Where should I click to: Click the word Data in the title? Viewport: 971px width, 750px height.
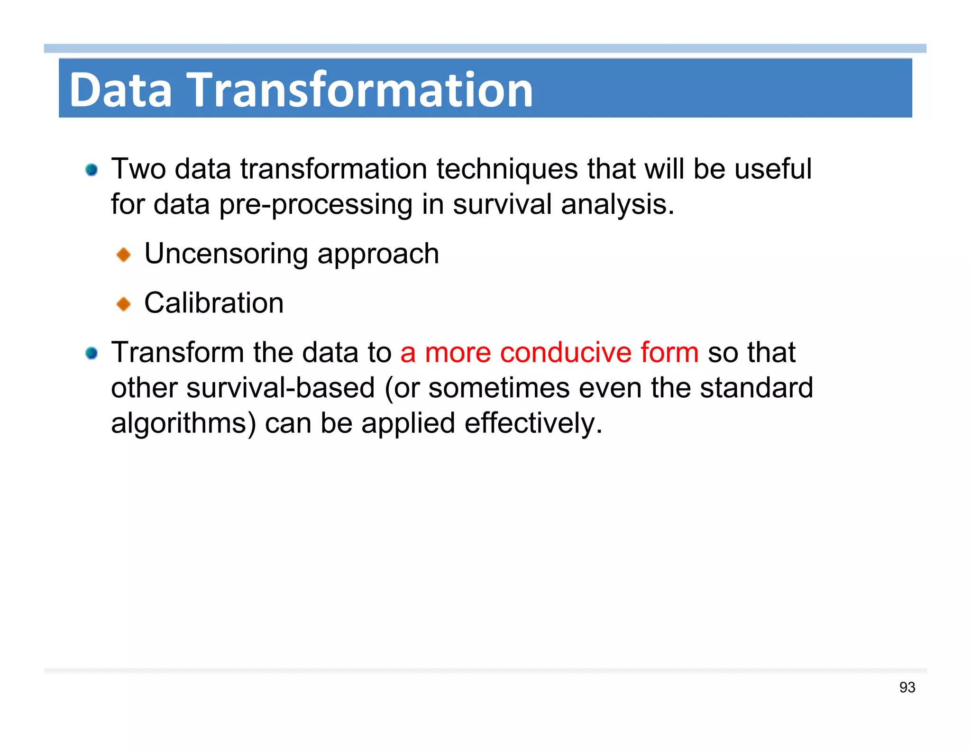[120, 90]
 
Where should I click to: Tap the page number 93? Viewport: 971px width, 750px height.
[907, 687]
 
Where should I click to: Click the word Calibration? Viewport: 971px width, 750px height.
[214, 303]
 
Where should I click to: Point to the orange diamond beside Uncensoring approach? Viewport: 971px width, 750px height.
[124, 255]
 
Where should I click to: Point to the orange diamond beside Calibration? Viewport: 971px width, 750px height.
[124, 304]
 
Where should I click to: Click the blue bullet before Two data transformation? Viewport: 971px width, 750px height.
[92, 170]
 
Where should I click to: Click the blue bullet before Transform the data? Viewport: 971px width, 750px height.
[92, 353]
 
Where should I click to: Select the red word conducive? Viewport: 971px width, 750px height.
[565, 353]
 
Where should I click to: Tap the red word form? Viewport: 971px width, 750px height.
[669, 353]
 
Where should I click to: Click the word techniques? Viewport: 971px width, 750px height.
[507, 169]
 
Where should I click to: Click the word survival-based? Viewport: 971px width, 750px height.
[281, 388]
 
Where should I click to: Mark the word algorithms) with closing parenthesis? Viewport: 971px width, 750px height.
[183, 423]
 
